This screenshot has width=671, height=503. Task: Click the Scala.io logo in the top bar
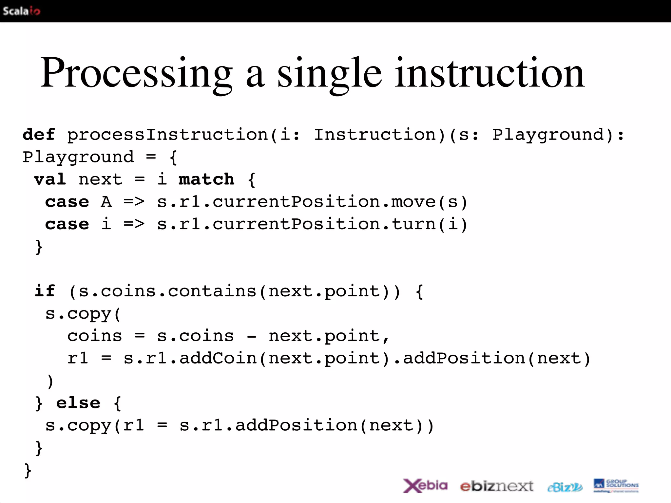point(22,11)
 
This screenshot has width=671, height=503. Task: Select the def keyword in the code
point(39,135)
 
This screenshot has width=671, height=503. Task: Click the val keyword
point(50,179)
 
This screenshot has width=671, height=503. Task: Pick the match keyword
point(206,179)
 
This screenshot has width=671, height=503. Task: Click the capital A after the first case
point(106,202)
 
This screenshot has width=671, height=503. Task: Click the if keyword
point(45,291)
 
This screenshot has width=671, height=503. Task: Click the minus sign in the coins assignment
point(251,336)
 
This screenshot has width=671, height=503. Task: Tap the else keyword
point(78,403)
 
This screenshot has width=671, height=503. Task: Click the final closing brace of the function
point(28,471)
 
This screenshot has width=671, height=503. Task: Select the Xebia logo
point(425,486)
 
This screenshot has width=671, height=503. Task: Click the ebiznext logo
point(497,486)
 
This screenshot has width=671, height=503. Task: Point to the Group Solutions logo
point(616,486)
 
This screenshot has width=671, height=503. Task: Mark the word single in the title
point(329,74)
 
